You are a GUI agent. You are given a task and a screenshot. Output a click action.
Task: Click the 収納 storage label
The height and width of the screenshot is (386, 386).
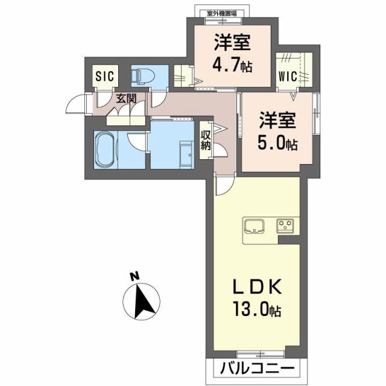click(x=205, y=139)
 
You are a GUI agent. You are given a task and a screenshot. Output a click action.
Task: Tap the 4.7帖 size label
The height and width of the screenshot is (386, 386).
click(x=232, y=64)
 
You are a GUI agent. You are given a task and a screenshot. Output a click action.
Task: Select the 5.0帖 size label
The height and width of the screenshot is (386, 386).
click(x=277, y=144)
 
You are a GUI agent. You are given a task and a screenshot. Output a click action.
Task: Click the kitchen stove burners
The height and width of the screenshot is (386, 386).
click(x=285, y=226)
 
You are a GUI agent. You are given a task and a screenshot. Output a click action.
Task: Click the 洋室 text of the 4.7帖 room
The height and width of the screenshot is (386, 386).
click(x=232, y=43)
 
